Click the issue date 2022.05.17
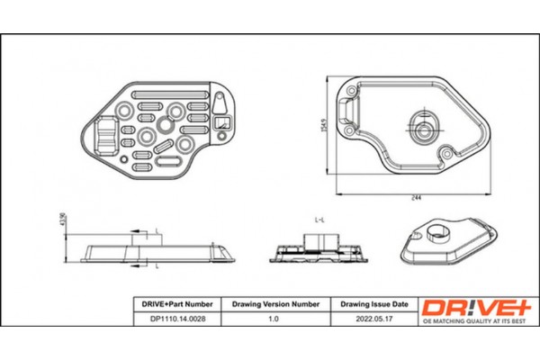tap(375, 319)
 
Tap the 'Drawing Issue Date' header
tap(375, 304)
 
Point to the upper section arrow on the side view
tap(139, 236)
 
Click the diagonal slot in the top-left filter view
tap(163, 145)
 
